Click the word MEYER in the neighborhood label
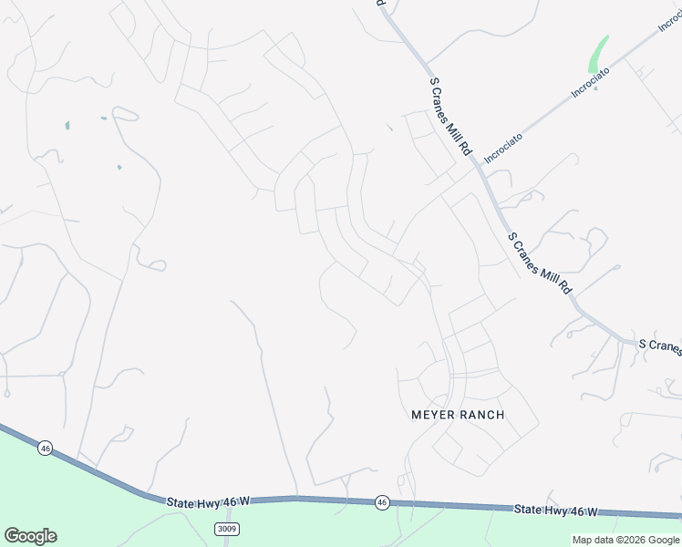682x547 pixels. pyautogui.click(x=431, y=415)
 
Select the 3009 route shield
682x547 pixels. pyautogui.click(x=227, y=529)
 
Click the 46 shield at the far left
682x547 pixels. pyautogui.click(x=45, y=448)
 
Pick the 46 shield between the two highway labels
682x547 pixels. pyautogui.click(x=382, y=502)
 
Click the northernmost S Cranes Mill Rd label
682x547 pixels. pyautogui.click(x=450, y=116)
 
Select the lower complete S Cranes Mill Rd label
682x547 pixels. pyautogui.click(x=540, y=263)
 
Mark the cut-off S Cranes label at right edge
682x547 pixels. pyautogui.click(x=659, y=346)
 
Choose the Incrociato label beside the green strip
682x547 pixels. pyautogui.click(x=592, y=81)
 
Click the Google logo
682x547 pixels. pyautogui.click(x=30, y=536)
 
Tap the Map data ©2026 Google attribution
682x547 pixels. pyautogui.click(x=625, y=540)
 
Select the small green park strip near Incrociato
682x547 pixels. pyautogui.click(x=598, y=54)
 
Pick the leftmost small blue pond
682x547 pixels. pyautogui.click(x=67, y=125)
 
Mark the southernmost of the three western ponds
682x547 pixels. pyautogui.click(x=119, y=167)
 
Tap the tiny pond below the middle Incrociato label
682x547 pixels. pyautogui.click(x=595, y=88)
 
